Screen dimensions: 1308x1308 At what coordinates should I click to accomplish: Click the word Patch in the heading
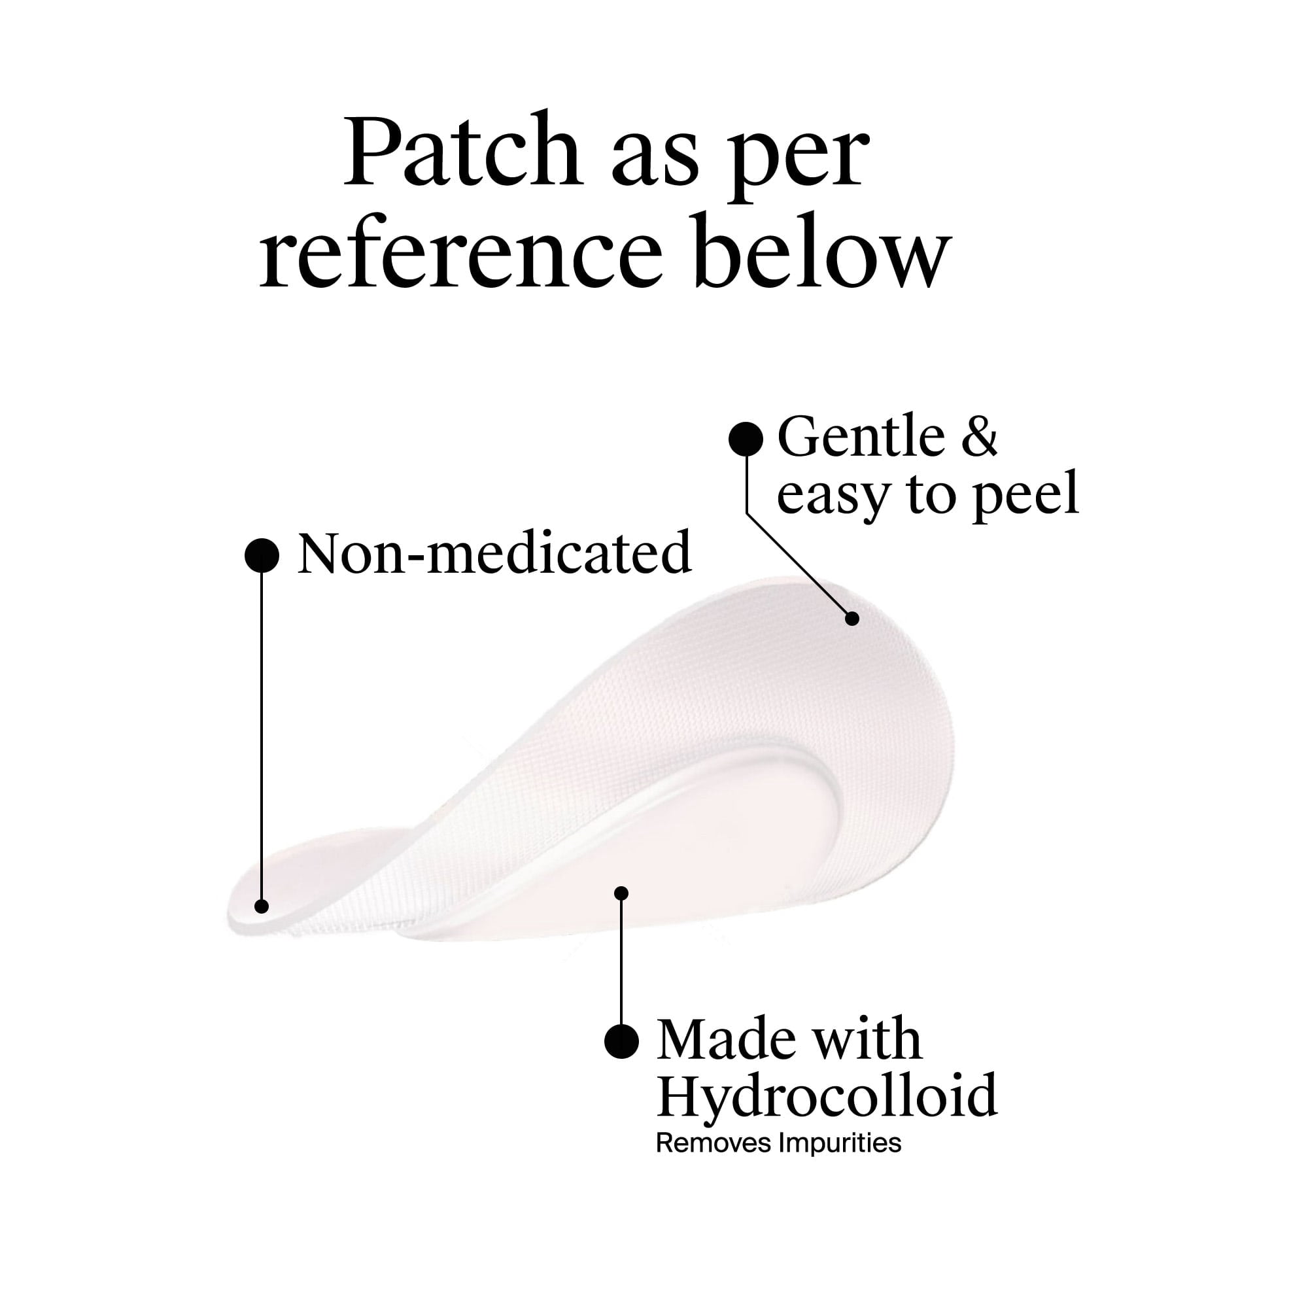(463, 152)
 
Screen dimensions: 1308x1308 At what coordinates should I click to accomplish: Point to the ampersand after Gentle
(979, 437)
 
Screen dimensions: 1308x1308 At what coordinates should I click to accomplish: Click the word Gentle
(861, 437)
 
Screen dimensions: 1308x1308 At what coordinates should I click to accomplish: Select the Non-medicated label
(495, 553)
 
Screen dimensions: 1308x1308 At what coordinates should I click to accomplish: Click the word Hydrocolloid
(827, 1095)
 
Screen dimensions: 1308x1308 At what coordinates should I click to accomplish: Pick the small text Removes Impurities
(778, 1143)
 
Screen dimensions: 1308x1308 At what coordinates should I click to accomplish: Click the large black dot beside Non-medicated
(262, 556)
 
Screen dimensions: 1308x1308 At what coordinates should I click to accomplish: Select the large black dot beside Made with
(621, 1042)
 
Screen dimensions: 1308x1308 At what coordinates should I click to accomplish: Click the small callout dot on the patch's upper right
(853, 618)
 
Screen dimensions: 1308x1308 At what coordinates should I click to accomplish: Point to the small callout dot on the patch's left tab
(262, 906)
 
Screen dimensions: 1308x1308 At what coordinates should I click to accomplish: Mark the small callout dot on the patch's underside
(621, 893)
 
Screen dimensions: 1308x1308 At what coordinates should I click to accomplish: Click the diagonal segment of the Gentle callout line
(799, 565)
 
